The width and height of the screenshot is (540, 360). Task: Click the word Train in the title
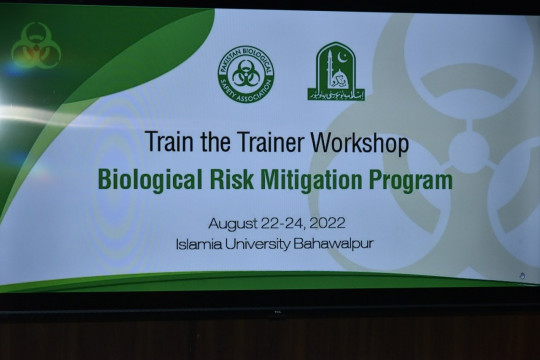(167, 143)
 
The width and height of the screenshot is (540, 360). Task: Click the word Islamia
(199, 242)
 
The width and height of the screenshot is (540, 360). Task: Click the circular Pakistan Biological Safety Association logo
(245, 72)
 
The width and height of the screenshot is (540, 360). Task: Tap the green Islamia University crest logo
(336, 71)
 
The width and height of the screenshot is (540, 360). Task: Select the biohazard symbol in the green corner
(36, 45)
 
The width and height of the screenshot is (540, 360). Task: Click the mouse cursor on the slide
(521, 276)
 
